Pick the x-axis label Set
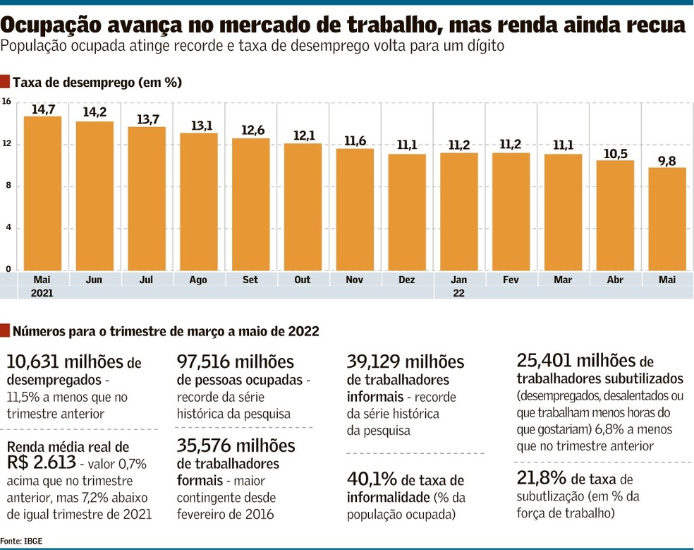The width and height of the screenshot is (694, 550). pos(250,280)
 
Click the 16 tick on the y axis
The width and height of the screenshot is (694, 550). pos(6,102)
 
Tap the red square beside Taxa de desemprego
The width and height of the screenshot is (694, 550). pos(5,82)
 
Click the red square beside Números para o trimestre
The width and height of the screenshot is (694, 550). pos(5,330)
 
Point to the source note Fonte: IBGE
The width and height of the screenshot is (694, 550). pos(21,541)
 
